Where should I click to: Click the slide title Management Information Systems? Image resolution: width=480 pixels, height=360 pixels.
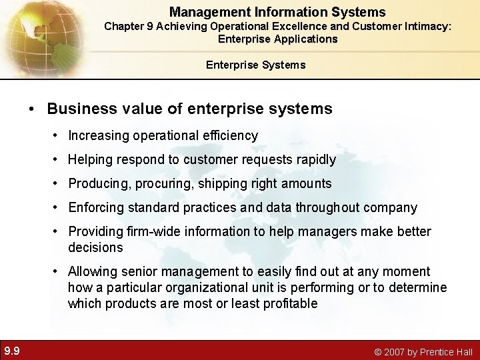click(277, 12)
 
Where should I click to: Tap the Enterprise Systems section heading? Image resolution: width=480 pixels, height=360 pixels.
click(255, 65)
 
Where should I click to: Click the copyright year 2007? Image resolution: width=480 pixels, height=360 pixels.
click(394, 351)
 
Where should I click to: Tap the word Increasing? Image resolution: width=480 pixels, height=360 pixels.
click(99, 135)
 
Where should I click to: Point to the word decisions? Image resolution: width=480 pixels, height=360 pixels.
click(95, 247)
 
